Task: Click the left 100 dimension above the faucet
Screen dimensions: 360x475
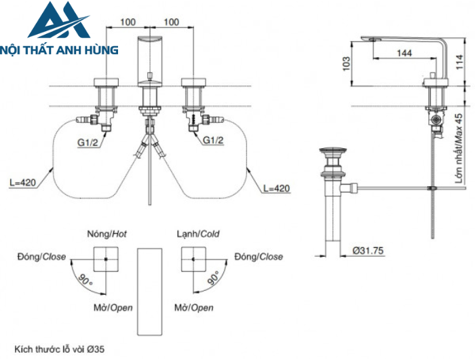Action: [128, 22]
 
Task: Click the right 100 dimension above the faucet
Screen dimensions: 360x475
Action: [172, 22]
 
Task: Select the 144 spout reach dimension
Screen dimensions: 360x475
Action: [404, 52]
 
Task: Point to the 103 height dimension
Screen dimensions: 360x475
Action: [347, 62]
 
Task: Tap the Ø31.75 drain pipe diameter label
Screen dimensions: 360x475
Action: [368, 251]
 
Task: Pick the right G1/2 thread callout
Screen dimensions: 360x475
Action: [214, 141]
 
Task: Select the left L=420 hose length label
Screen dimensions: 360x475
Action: [24, 183]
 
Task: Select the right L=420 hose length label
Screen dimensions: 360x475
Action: [275, 187]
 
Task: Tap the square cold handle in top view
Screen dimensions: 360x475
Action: [194, 259]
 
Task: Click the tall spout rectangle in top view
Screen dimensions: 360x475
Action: [150, 291]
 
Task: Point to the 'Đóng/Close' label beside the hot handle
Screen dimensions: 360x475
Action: [42, 257]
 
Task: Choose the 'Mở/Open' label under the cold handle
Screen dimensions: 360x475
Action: [193, 308]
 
